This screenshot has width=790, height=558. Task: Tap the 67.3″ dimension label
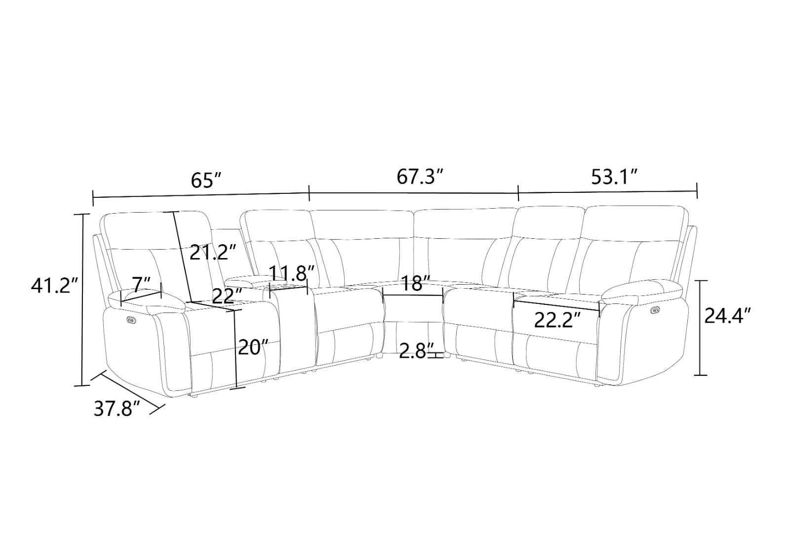coord(419,176)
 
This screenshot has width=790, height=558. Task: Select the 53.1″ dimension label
coord(614,176)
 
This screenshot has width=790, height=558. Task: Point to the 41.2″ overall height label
coord(51,286)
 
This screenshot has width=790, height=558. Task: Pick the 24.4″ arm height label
coord(728,315)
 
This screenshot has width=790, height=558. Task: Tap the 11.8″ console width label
coord(292,272)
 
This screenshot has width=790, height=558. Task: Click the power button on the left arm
coord(131,320)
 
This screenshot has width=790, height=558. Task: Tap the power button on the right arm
coord(656,310)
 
